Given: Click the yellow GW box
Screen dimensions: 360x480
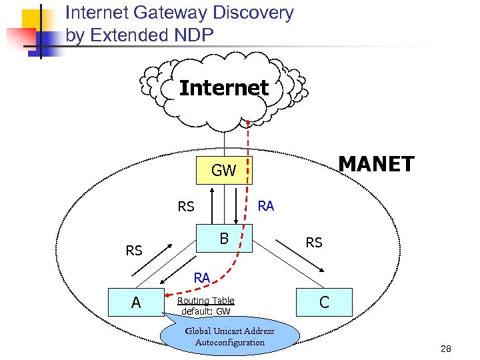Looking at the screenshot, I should (223, 171).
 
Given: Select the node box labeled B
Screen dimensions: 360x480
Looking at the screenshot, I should (224, 238).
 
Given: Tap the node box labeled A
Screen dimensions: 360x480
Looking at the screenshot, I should (136, 302).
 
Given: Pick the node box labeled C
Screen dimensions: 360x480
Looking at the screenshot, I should (324, 302).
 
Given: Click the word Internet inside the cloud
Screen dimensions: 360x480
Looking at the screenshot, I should (224, 88).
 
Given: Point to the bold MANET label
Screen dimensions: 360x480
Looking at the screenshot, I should (376, 164).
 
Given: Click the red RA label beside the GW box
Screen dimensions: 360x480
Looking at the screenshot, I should (265, 206).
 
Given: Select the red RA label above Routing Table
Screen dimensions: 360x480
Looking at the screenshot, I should (202, 277).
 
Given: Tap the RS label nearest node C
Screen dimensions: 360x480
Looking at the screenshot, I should (313, 243).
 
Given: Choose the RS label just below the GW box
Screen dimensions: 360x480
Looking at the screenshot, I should (186, 207).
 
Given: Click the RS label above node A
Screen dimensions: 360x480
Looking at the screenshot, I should (134, 251).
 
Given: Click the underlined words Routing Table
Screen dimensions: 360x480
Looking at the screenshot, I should (205, 301).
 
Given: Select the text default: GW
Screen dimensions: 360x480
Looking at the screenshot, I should (205, 311).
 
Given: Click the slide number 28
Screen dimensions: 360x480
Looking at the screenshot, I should (446, 349).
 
